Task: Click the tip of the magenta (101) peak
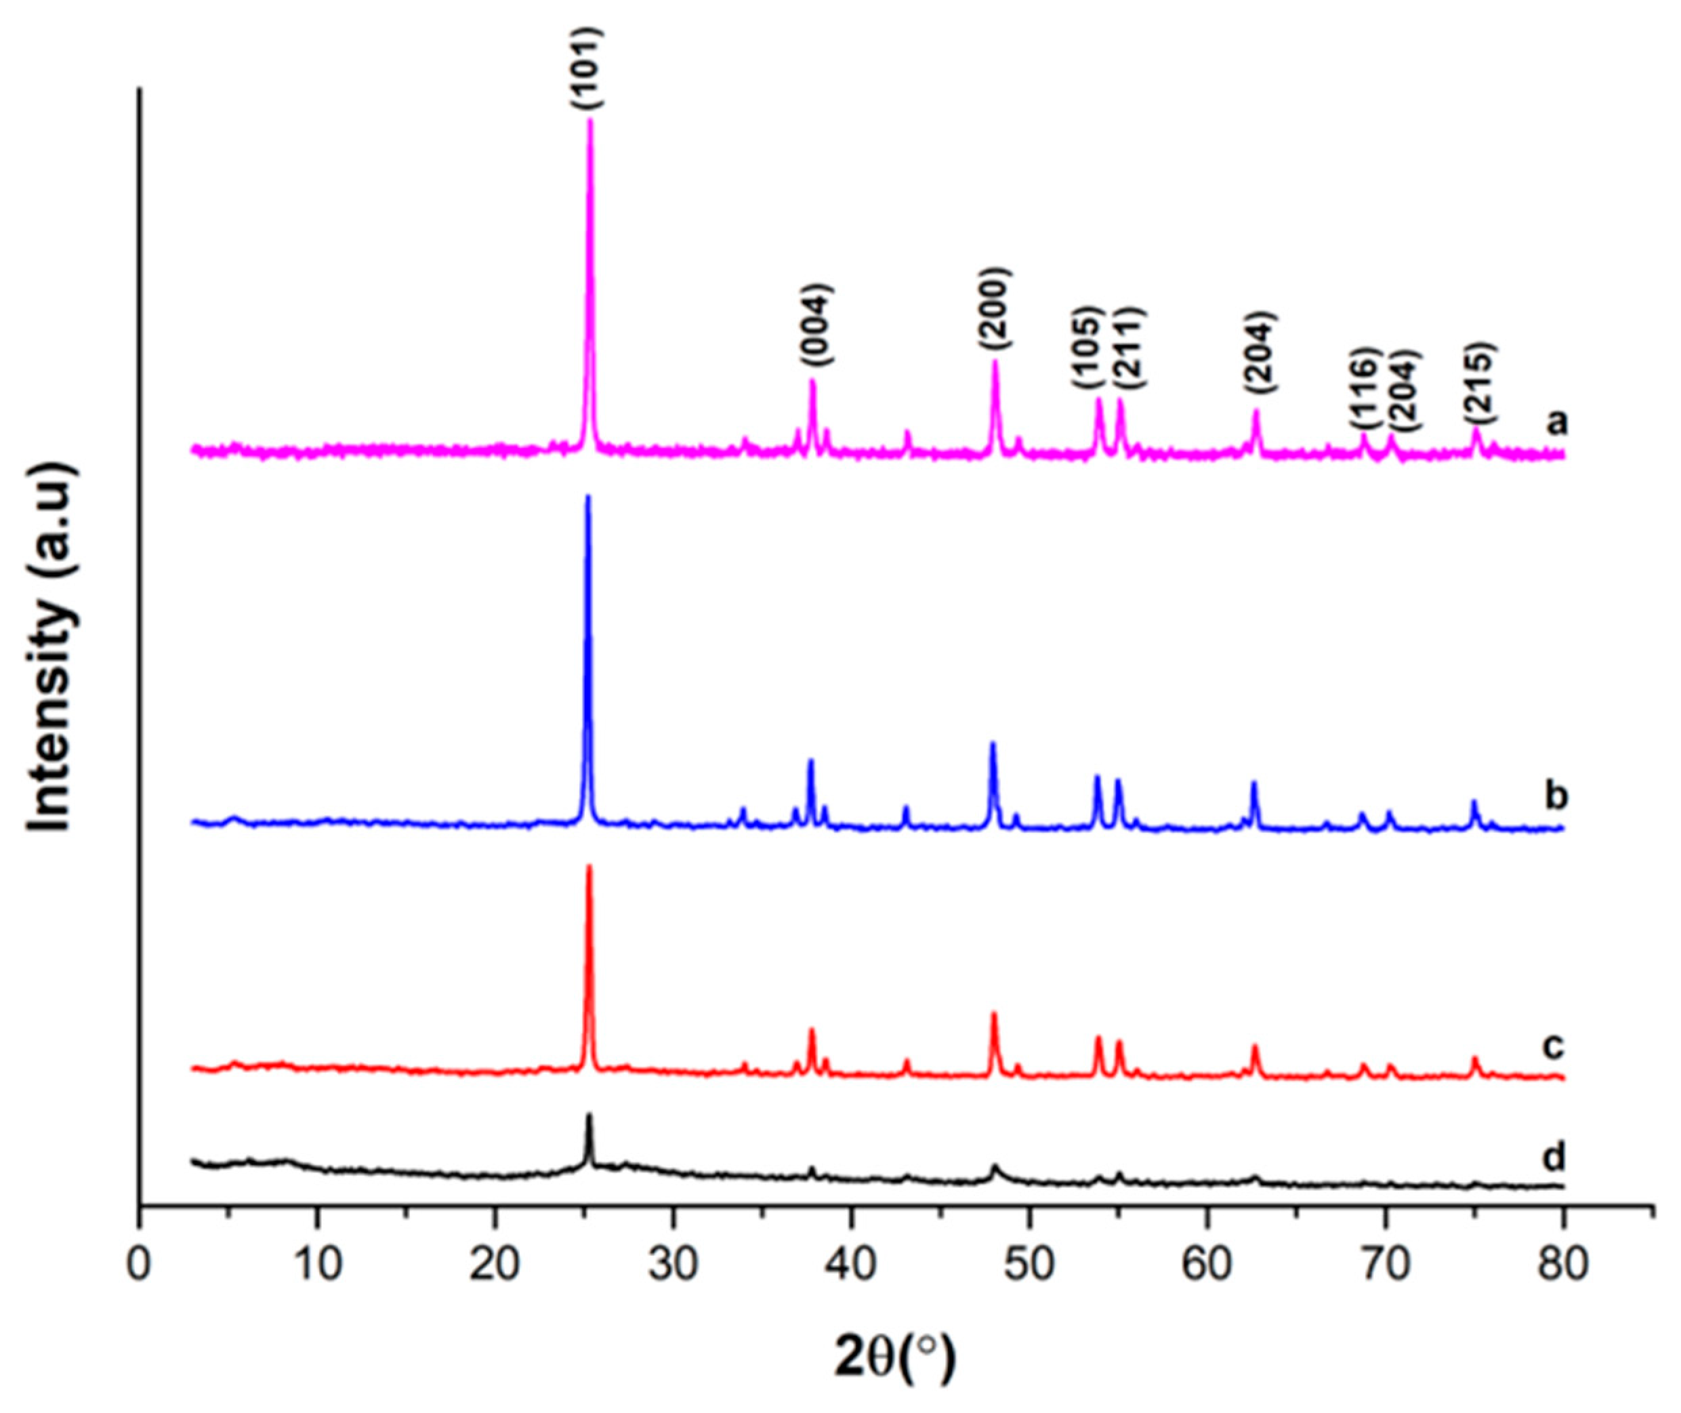click(x=590, y=120)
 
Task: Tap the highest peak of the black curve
click(x=589, y=1115)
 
